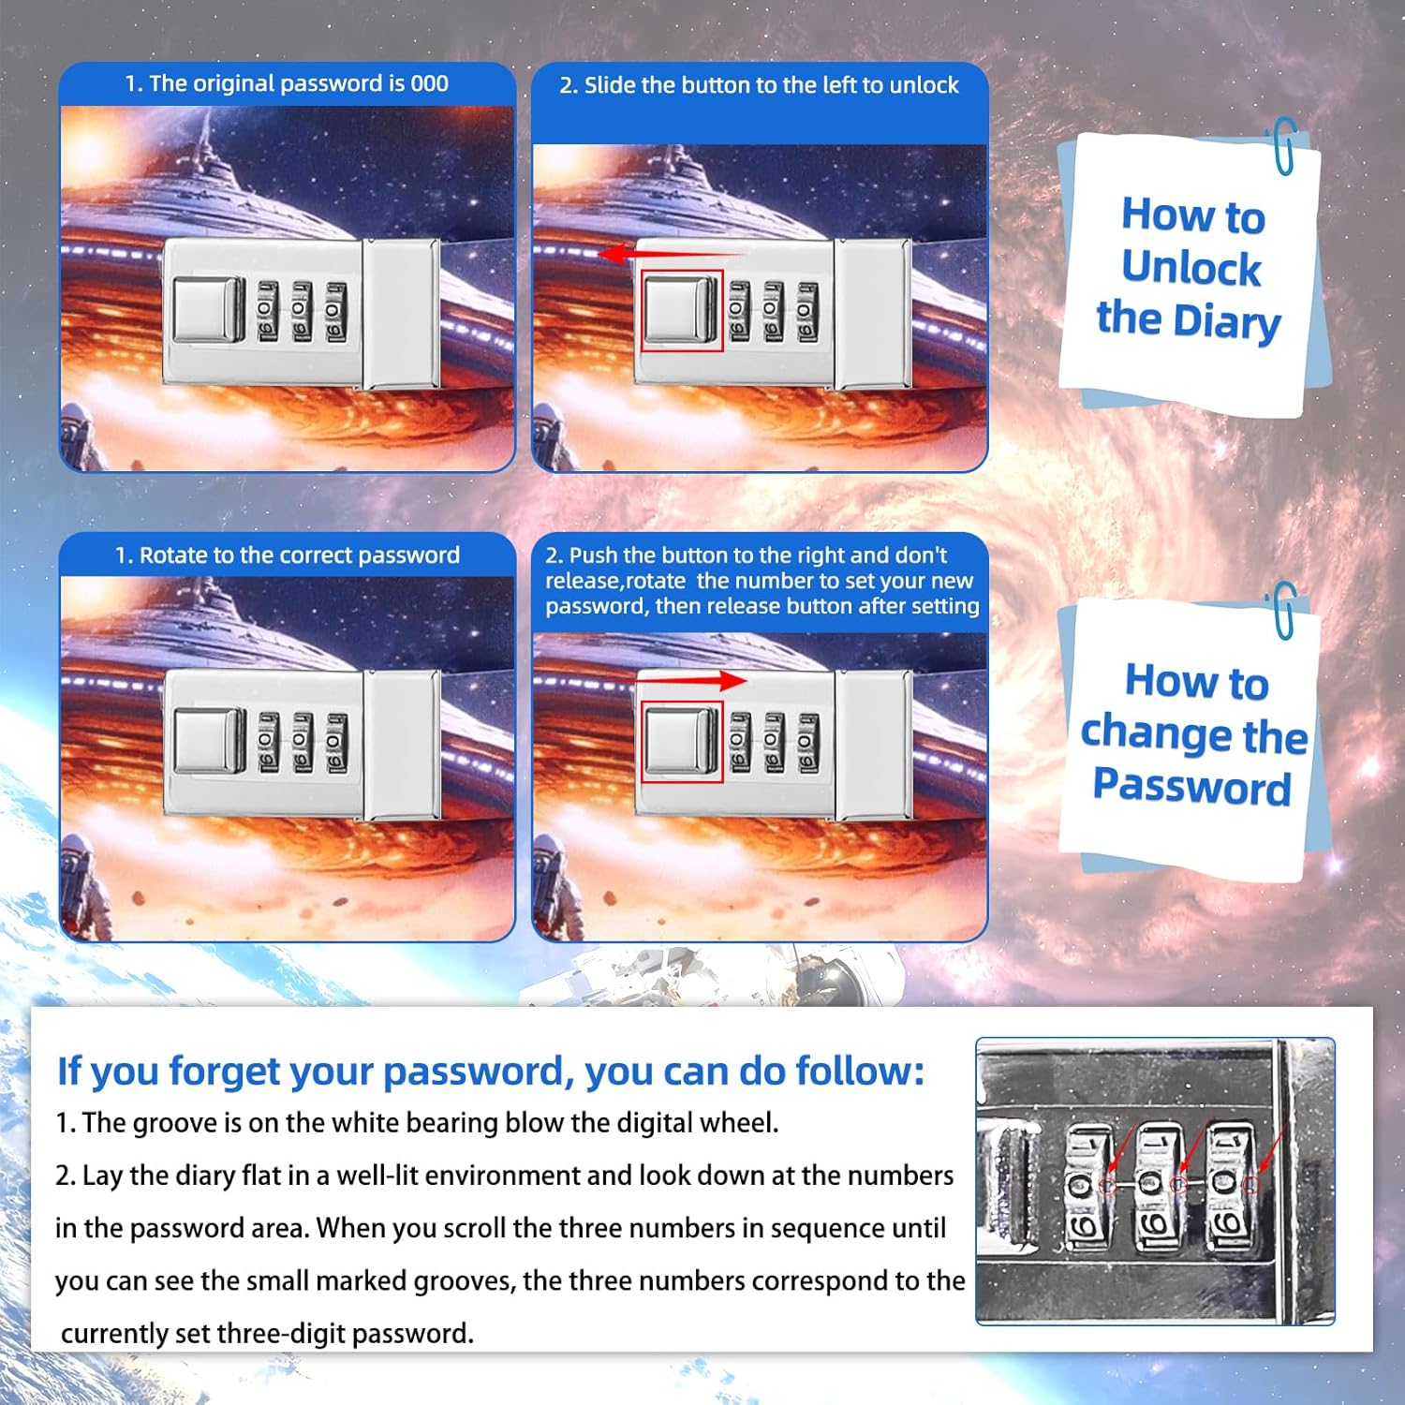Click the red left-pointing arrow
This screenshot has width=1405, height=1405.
(x=670, y=253)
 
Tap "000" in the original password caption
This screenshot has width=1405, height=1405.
(x=429, y=83)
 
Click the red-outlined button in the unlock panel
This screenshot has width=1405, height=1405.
(x=682, y=311)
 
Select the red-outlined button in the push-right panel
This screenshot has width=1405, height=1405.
(x=682, y=741)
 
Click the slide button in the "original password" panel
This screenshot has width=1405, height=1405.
(x=209, y=309)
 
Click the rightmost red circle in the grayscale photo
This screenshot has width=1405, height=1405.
(x=1250, y=1186)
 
